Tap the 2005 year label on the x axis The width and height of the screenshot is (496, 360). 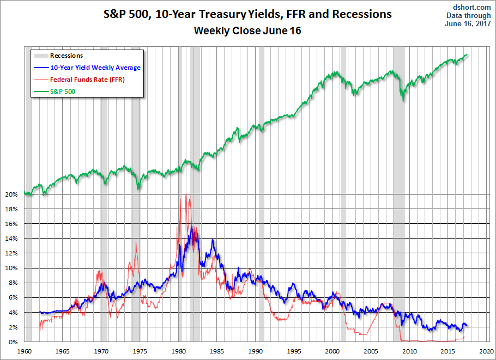pos(371,351)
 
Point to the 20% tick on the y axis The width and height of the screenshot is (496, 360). pos(13,194)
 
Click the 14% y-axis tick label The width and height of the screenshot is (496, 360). pos(13,239)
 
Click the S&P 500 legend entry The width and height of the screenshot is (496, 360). pos(62,91)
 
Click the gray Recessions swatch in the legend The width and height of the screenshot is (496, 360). pos(40,56)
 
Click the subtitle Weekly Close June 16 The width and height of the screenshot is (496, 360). pos(247,31)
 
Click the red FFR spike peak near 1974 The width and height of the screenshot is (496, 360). pos(135,242)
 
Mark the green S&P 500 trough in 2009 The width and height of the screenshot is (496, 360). pos(403,100)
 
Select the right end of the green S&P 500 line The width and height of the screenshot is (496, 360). pos(468,54)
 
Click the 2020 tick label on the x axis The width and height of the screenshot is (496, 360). pos(486,351)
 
